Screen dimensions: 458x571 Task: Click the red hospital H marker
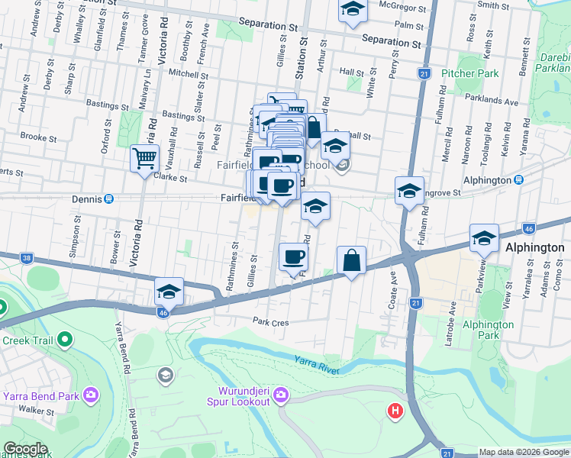[395, 411]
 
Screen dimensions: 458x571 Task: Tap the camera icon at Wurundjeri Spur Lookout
[280, 394]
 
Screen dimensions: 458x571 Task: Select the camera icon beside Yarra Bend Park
[91, 395]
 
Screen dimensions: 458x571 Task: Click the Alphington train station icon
[518, 180]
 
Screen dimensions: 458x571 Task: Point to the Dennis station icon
[108, 199]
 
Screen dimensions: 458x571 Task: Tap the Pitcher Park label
[470, 74]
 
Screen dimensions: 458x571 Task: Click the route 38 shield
[27, 258]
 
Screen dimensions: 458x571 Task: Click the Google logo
[25, 449]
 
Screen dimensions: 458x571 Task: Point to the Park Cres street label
[270, 322]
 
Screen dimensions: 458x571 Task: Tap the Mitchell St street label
[189, 75]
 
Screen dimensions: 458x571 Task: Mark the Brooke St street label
[35, 137]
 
